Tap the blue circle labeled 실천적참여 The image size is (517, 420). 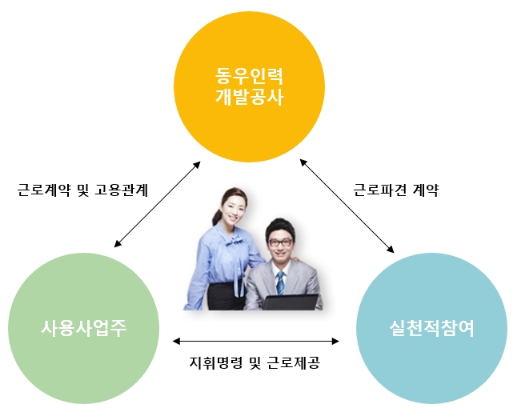coord(431,328)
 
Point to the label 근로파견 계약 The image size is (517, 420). coord(396,190)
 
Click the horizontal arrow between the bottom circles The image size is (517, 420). coord(255,341)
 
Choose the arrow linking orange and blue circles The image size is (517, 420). coord(348,205)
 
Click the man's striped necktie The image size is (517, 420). coord(281,282)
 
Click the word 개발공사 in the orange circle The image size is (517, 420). coord(250,98)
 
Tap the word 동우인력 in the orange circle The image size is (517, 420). coord(250,78)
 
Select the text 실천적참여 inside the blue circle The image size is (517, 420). coord(431,328)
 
